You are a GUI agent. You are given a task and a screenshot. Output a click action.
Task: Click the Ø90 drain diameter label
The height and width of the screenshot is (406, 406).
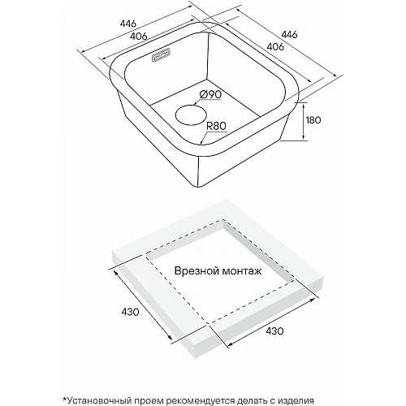coord(210,94)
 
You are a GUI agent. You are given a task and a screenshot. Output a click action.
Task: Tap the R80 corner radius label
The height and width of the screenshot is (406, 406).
coord(216,126)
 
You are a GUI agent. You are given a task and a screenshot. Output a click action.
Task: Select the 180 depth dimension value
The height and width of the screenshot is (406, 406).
coord(313,120)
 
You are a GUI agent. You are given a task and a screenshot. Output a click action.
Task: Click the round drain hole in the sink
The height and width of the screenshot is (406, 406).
coord(191,115)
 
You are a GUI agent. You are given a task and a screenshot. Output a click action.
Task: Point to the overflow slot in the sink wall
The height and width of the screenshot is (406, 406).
coord(161,55)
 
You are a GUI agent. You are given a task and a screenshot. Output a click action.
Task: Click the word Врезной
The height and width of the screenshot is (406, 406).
coord(197,270)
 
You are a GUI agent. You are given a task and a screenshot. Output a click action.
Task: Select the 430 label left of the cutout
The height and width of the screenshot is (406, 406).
coord(130,312)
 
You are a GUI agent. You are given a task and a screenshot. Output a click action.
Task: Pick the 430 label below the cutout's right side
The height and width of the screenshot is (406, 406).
coord(274,330)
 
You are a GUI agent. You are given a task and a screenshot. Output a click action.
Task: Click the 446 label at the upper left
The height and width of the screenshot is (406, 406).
coord(128,24)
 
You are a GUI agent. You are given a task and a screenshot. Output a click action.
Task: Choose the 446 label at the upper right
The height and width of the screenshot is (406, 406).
coord(289,34)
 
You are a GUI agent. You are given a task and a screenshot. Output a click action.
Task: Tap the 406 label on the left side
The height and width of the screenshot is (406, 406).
coord(139,36)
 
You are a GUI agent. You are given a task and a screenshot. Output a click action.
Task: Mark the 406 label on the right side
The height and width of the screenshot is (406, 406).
coord(275,46)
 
